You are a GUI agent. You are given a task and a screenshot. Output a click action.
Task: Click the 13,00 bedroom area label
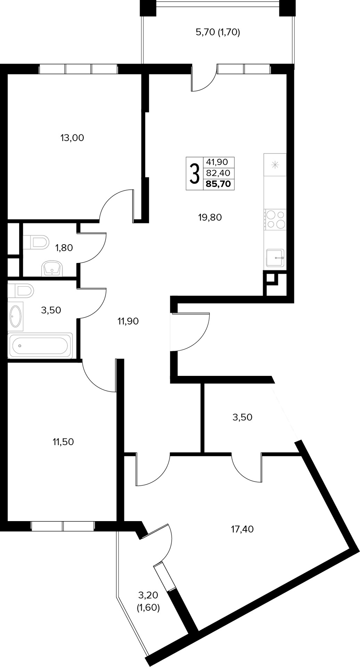click(x=72, y=138)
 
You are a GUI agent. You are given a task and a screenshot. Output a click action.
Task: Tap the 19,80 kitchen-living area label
click(x=210, y=217)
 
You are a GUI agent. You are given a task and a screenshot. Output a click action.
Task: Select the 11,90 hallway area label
click(x=128, y=321)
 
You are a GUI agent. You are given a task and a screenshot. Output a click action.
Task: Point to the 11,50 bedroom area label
click(x=63, y=442)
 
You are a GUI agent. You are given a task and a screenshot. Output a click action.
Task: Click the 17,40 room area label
click(x=242, y=529)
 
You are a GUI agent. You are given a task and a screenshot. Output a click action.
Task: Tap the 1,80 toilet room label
click(x=64, y=248)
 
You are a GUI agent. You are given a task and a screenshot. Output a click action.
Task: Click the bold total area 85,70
click(x=218, y=184)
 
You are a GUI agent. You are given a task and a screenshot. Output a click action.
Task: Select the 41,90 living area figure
click(x=217, y=162)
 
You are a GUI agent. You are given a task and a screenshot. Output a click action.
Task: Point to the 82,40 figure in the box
click(x=218, y=173)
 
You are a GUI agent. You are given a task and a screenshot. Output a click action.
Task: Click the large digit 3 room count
click(x=194, y=174)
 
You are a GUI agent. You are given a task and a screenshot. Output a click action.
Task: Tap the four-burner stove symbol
click(x=275, y=220)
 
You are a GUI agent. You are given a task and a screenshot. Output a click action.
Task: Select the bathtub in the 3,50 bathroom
click(x=40, y=346)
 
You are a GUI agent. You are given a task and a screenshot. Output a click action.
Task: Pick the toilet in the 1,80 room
click(x=36, y=242)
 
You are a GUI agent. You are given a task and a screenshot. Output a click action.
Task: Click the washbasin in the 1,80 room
click(x=52, y=268)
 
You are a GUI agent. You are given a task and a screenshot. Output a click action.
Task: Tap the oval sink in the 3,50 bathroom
click(x=16, y=316)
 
